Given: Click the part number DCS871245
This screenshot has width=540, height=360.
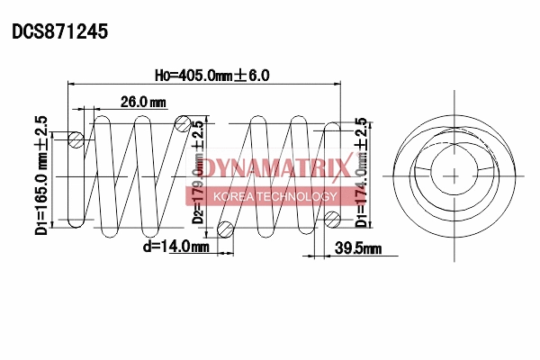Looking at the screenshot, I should [59, 31].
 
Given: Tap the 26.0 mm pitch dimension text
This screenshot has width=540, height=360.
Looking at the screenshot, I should [142, 102].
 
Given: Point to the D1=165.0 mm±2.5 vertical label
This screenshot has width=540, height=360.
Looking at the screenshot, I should [40, 175].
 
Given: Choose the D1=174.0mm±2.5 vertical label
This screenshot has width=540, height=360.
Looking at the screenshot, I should [361, 171].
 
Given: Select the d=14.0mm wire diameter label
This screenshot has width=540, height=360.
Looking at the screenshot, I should [175, 246].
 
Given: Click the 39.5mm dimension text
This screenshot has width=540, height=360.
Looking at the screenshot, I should [357, 247].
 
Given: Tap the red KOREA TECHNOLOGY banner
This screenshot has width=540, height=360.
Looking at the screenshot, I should [274, 196].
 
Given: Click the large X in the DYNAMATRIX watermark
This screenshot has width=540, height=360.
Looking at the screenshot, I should [340, 168].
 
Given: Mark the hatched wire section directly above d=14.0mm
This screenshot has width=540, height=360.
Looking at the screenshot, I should [226, 229].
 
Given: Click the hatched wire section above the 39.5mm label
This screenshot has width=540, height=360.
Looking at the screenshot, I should [332, 217].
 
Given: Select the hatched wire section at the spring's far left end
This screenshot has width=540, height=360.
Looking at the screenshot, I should [76, 139].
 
